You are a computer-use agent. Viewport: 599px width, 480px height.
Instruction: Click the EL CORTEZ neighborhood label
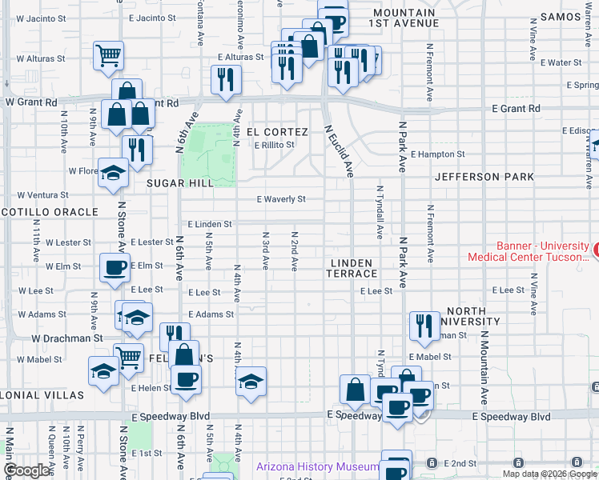[277, 131]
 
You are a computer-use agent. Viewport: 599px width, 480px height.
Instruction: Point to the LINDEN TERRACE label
[351, 268]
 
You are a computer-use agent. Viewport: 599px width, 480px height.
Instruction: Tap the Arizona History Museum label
[317, 467]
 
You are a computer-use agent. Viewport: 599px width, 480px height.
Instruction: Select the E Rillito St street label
[275, 145]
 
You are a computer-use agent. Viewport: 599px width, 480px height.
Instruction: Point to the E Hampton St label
[437, 154]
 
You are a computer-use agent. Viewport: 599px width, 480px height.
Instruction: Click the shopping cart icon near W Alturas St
[108, 55]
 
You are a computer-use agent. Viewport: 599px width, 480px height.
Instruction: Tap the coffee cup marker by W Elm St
[114, 267]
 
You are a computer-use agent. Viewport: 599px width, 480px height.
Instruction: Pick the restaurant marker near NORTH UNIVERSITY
[424, 324]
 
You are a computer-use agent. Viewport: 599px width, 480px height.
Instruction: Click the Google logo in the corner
[26, 470]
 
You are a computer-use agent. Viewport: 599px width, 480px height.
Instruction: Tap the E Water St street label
[561, 62]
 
